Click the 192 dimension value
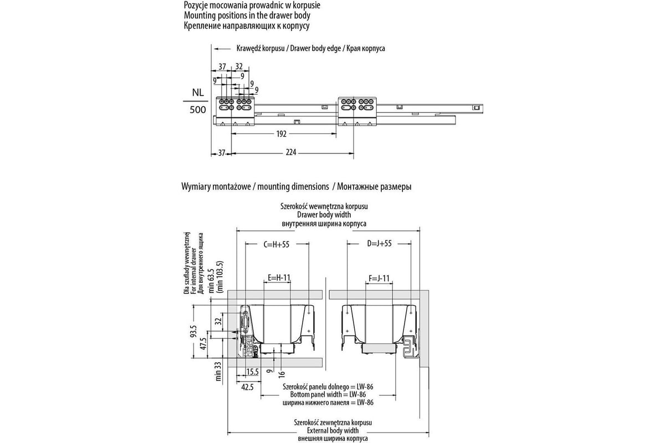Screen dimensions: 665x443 282,134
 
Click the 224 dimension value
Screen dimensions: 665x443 291,152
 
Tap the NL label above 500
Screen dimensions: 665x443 198,92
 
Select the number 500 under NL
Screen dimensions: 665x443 198,110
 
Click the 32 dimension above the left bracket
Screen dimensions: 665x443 239,66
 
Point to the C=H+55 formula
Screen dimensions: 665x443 277,244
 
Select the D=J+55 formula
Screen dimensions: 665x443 380,243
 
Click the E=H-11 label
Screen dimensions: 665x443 279,278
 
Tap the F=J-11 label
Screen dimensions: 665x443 379,278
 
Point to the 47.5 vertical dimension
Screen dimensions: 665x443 203,343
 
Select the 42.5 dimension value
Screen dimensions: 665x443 247,387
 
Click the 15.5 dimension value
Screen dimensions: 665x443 252,372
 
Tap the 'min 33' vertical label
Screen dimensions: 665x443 218,371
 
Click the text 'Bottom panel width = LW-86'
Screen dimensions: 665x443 328,394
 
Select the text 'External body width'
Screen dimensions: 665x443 333,430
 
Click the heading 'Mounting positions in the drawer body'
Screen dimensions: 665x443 247,15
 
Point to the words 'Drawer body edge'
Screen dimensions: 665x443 315,48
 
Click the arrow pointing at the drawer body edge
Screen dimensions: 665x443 222,49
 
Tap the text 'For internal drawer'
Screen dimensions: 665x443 194,271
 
